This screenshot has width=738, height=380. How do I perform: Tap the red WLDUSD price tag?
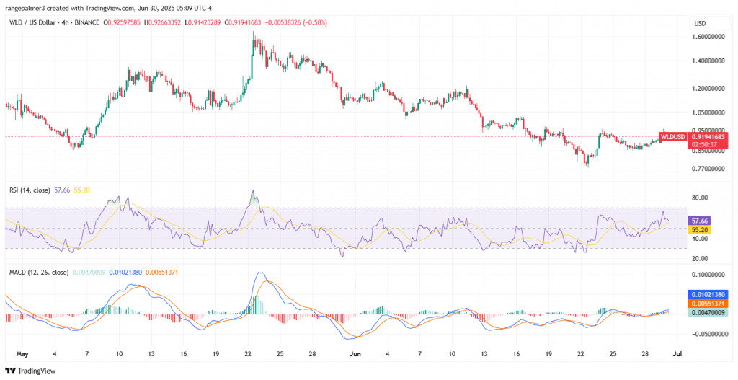707,136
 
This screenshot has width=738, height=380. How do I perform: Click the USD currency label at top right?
699,23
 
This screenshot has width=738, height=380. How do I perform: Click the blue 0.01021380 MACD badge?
707,295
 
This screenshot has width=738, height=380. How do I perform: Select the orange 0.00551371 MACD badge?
707,304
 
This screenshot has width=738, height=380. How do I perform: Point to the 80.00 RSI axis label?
700,198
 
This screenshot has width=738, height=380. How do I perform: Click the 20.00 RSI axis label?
700,257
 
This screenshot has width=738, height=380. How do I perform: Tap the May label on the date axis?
21,355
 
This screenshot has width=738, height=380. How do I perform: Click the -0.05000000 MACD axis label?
707,335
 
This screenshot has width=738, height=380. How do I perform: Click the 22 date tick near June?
580,355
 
